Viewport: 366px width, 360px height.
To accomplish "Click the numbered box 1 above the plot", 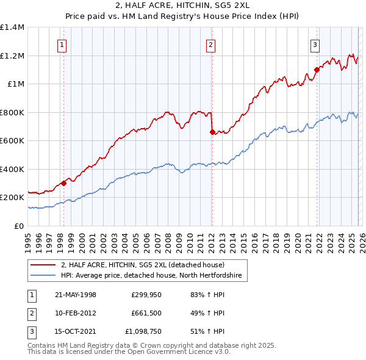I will click(63, 44).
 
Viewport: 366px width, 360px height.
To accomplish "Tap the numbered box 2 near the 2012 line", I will click(210, 44).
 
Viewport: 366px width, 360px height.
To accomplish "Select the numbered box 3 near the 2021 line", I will click(315, 44).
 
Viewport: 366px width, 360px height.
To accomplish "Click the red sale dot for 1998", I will click(63, 183).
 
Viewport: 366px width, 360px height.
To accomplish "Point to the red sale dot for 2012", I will click(212, 132).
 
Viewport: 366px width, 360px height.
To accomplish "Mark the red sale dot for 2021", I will click(317, 70).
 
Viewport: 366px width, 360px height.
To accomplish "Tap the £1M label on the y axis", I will click(16, 84).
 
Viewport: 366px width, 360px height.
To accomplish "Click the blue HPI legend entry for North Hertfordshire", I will click(151, 276).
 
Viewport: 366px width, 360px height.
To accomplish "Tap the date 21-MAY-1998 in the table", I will click(76, 295).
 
